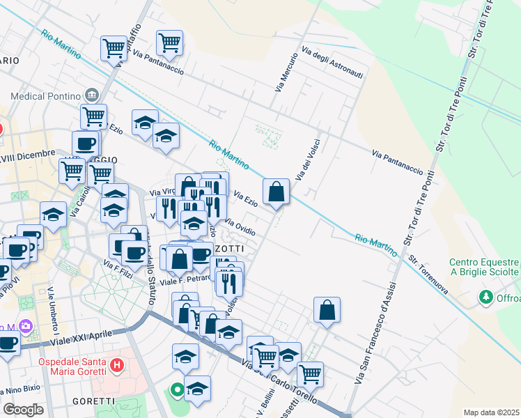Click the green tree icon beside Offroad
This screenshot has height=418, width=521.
pos(485,297)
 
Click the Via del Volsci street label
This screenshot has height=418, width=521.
pos(304,161)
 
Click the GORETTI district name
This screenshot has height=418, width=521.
pos(93,401)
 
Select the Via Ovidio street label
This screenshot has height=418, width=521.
pos(239,226)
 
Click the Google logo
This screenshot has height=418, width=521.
pos(24,409)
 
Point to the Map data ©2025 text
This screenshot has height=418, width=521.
pos(491,412)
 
